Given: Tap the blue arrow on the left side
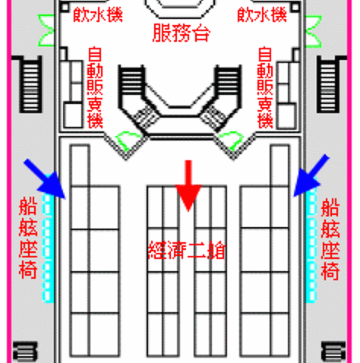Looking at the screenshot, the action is point(45,178).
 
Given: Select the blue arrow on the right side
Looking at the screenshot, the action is point(311,175).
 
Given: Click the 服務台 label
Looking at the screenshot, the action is point(182,33).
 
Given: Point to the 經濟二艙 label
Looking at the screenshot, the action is point(187,250).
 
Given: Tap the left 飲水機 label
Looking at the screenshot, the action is point(98,15).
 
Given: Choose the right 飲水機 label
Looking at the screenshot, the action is point(262,15).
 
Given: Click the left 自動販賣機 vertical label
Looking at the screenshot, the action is point(95,87).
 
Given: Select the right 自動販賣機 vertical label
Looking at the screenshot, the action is point(265,87).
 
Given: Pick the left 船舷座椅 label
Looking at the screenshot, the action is point(28,238).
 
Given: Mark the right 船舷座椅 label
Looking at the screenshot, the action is point(330,238).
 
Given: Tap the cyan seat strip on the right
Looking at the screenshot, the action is point(311,245).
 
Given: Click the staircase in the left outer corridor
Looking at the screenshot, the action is point(30,85).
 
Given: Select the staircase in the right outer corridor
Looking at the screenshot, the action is point(328,85).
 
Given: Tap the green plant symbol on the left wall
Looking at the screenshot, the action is point(46,30).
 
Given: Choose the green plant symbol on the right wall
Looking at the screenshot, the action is point(314,31).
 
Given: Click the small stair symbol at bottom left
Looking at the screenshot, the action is point(25,352).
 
